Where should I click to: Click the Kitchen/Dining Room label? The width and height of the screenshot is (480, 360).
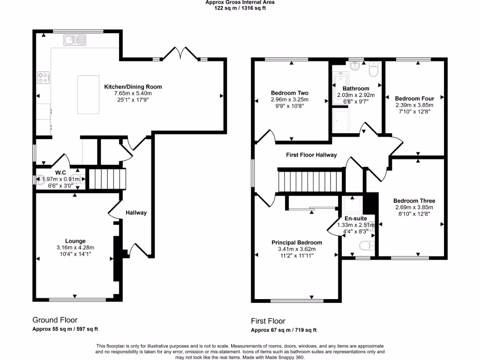tap(133, 87)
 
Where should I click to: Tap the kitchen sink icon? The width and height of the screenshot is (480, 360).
tap(74, 40)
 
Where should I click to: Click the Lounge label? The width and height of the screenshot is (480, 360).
tap(75, 241)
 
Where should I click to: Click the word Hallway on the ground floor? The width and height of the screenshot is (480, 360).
tap(136, 213)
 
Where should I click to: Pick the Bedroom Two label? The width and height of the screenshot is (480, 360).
tap(289, 93)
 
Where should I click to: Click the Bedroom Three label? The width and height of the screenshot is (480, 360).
tap(414, 201)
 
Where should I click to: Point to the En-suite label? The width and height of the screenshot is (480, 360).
tap(356, 218)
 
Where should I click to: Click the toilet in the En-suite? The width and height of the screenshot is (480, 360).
tap(365, 246)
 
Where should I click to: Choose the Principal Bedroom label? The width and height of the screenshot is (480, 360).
tap(297, 242)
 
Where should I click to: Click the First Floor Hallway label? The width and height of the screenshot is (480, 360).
tap(311, 155)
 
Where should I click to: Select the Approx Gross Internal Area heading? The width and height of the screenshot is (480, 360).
tap(240, 2)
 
